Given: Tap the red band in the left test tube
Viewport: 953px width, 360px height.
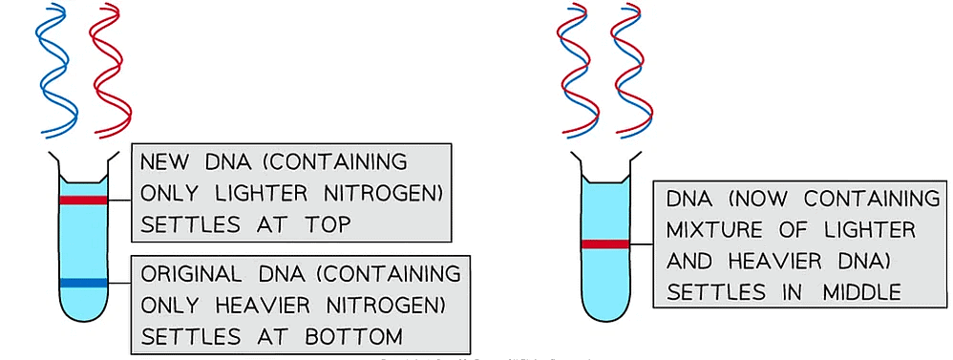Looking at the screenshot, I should pos(83,200).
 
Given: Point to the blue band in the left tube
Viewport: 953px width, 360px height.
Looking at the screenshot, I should pos(83,283).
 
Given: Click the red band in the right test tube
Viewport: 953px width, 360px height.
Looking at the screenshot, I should pos(605,244).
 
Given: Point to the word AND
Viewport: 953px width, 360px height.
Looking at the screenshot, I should pos(691,261).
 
